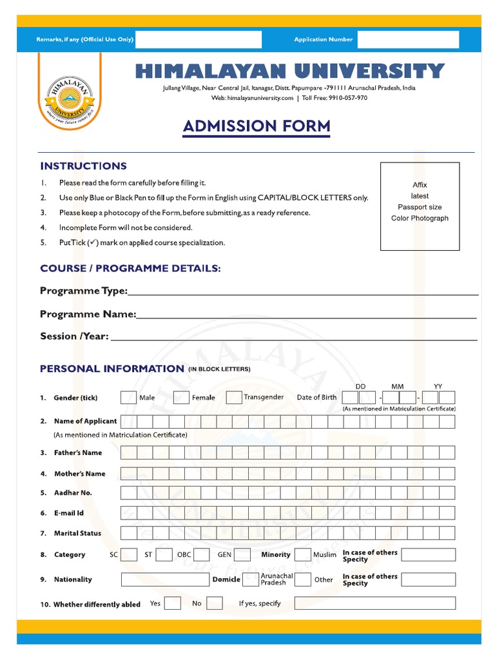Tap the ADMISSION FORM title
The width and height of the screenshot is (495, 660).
[x=257, y=126]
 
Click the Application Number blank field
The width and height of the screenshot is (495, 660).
[x=408, y=39]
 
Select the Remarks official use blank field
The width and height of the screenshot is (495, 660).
[x=199, y=39]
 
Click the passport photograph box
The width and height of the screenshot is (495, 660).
[x=420, y=206]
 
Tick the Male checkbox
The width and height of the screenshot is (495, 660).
[x=128, y=398]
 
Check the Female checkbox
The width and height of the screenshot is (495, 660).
[x=181, y=398]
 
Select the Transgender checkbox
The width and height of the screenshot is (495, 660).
[x=234, y=398]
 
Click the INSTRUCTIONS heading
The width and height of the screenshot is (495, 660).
[x=83, y=166]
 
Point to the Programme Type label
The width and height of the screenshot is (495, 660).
[x=84, y=291]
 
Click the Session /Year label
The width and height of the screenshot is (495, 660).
[x=74, y=336]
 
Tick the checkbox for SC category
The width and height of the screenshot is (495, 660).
[x=129, y=554]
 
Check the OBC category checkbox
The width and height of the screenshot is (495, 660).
[x=201, y=554]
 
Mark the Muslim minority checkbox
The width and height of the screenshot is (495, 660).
[x=302, y=554]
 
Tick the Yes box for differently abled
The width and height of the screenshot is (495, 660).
[x=172, y=604]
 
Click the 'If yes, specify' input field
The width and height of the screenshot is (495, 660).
[x=374, y=603]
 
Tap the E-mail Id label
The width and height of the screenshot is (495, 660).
[x=69, y=514]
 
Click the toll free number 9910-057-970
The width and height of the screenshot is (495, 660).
[x=349, y=98]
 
